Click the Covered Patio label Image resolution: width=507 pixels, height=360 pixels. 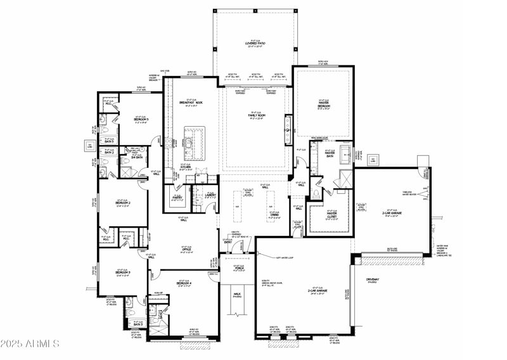(254, 44)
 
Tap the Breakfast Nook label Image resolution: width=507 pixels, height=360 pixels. (190, 103)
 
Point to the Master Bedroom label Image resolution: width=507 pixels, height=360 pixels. (323, 105)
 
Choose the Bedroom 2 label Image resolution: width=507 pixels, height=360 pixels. (122, 202)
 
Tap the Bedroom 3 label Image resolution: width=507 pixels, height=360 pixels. (122, 272)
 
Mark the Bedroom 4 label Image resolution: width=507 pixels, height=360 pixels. (184, 283)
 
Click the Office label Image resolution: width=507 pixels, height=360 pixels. (186, 250)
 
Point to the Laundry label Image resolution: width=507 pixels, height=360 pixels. (210, 195)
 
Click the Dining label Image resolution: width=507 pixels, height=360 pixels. (274, 215)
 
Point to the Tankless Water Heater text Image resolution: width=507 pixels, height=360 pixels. (407, 193)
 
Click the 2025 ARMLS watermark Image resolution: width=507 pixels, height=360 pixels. (30, 344)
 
